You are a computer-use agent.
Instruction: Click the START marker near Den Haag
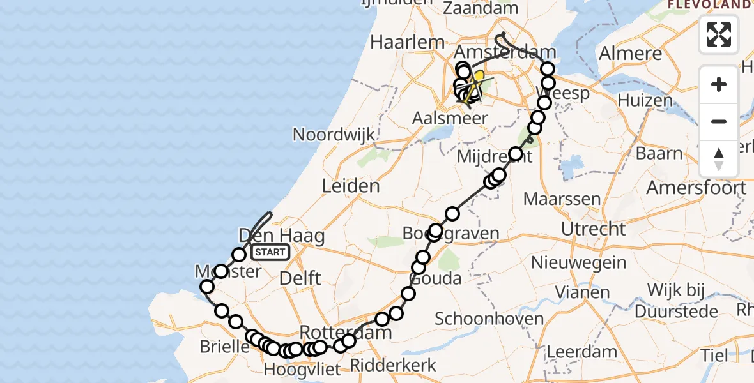pos(270,252)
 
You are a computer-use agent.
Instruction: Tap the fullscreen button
pos(719,34)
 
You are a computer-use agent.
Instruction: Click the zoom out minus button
pos(719,121)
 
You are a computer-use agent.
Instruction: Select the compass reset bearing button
pos(719,158)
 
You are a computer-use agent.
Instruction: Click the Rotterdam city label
pos(345,333)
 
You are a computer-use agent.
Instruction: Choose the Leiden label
pos(351,186)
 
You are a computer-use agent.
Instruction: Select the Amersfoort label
pos(696,188)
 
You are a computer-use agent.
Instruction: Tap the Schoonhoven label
pos(489,319)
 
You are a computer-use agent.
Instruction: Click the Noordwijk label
pos(334,135)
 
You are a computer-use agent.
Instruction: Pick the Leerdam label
pos(582,351)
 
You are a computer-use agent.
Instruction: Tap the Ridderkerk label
pos(394,365)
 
